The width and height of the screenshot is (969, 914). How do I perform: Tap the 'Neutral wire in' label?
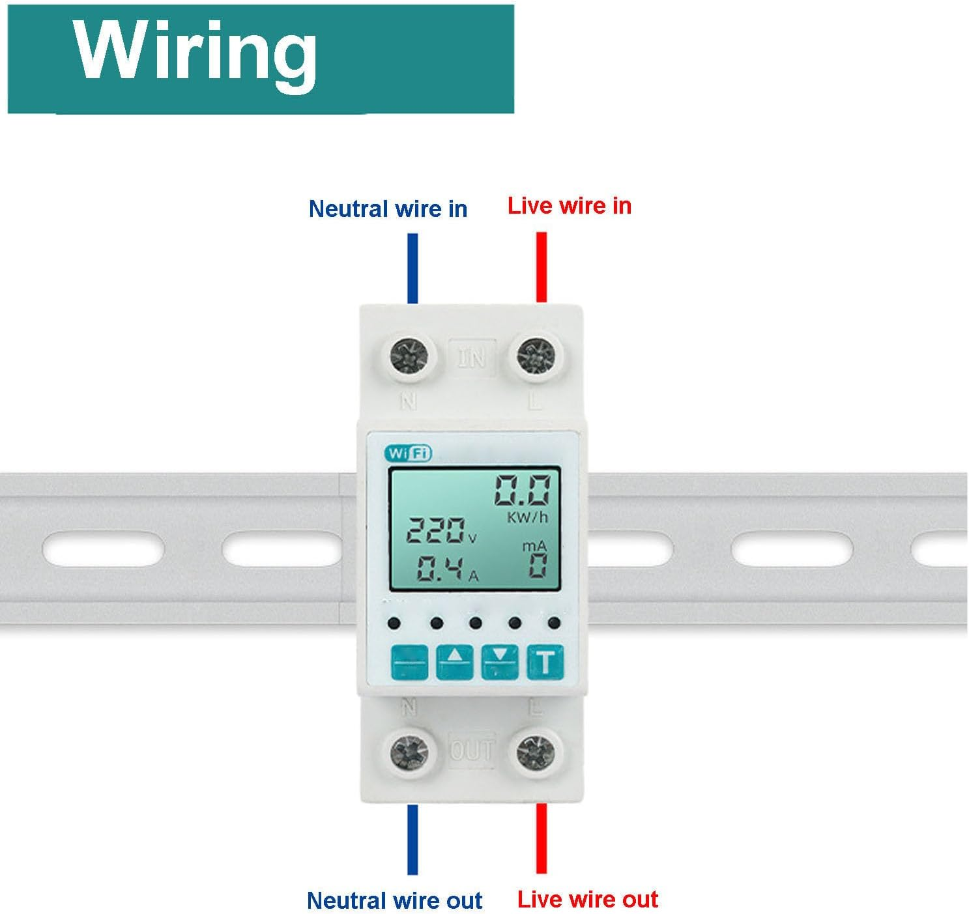tap(388, 209)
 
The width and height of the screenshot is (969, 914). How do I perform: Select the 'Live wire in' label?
tap(569, 206)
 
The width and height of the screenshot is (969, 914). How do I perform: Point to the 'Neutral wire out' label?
tap(394, 900)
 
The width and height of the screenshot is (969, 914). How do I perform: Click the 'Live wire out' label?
tap(587, 899)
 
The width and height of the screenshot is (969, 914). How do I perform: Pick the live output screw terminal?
tap(536, 752)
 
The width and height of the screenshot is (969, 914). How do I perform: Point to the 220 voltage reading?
tap(437, 531)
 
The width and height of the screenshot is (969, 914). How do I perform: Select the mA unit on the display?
tap(534, 546)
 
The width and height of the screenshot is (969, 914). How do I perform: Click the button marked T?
tap(545, 662)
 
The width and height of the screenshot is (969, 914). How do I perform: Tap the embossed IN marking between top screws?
tap(472, 358)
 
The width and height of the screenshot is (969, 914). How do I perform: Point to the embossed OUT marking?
tap(472, 750)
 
